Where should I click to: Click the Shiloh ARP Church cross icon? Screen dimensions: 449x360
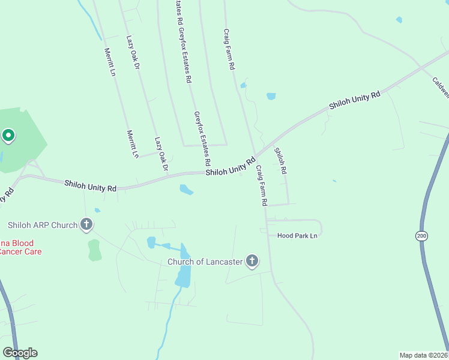(86, 225)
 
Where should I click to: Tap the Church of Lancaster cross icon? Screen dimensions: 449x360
(252, 261)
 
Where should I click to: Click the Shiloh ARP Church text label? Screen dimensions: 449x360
(43, 225)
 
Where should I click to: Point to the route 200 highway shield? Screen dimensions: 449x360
(421, 236)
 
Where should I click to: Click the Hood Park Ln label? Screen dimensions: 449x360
(297, 236)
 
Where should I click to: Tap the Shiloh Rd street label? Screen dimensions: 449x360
(280, 161)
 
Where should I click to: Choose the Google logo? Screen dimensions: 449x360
(20, 353)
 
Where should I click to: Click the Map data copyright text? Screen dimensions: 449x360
(424, 355)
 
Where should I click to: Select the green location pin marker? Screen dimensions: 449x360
(8, 136)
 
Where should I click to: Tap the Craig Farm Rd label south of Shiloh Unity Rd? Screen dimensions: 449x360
(261, 186)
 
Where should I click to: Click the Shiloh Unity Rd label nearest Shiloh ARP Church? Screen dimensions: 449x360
(90, 187)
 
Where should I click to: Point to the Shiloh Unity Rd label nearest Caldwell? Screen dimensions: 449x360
(354, 100)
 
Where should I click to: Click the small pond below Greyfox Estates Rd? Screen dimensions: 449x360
(186, 190)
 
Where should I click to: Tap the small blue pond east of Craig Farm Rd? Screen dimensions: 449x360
(271, 96)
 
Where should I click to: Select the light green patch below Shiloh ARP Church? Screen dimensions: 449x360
(95, 250)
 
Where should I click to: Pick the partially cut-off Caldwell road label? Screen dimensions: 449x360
(440, 87)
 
